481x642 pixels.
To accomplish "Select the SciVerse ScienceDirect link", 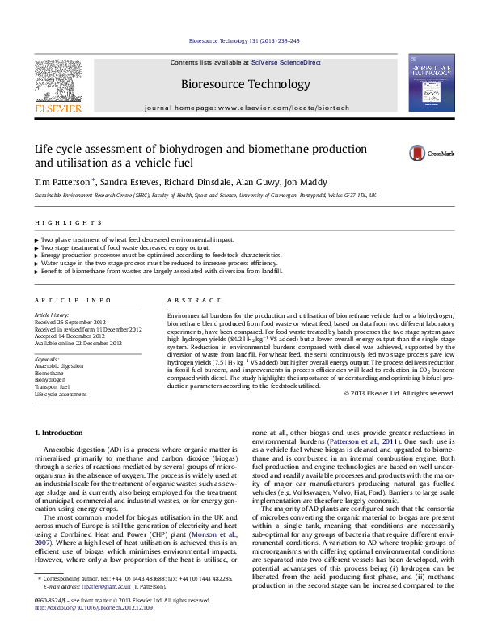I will [285, 62].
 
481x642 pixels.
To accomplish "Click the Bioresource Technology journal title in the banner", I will [245, 84].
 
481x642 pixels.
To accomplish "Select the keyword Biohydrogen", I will [50, 378].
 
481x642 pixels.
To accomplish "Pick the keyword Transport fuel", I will [53, 386].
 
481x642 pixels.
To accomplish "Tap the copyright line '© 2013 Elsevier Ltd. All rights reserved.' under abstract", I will [399, 393].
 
